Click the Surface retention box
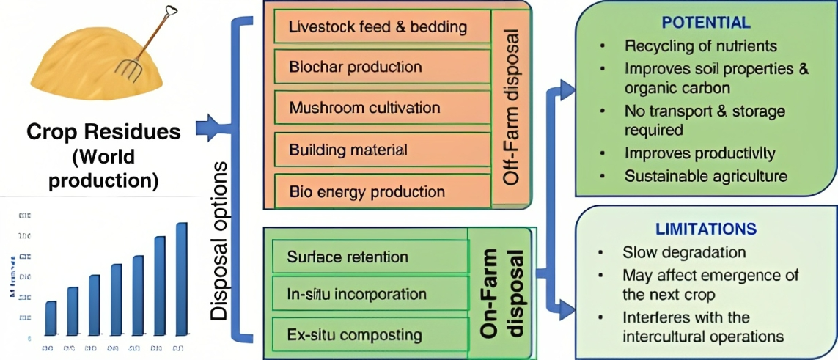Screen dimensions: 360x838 coord(370,257)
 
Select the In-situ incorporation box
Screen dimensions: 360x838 coord(370,295)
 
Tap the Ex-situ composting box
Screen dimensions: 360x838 coord(370,335)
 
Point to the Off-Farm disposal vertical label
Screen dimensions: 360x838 coord(511,106)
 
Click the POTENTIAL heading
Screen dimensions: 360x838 coord(706,23)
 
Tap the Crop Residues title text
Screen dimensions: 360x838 coord(103,132)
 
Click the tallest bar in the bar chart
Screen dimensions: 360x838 coord(181,279)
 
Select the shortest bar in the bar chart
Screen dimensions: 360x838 coord(51,317)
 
